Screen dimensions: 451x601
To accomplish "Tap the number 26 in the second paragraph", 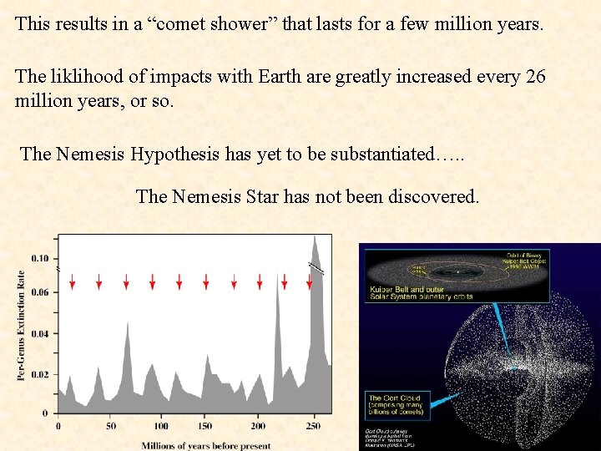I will (535, 77).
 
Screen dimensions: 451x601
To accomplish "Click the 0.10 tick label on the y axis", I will (40, 258).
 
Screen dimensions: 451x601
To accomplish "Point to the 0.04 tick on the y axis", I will (40, 334).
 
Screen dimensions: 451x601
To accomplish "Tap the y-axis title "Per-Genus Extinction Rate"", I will (21, 326).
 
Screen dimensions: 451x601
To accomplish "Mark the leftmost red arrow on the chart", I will (73, 282).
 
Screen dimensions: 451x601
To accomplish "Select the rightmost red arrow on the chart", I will (310, 282).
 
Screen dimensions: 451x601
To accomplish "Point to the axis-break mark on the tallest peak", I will (315, 268).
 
